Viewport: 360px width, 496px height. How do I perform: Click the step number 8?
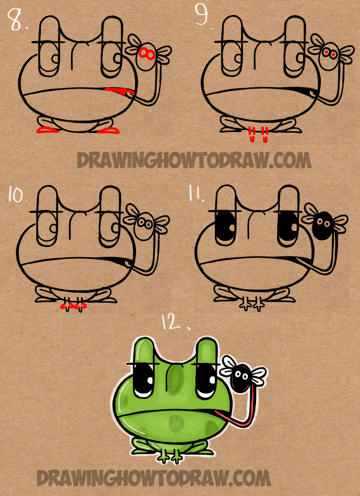coord(15,20)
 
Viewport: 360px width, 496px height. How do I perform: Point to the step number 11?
coord(196,193)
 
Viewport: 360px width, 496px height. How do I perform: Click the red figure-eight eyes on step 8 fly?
coord(147,53)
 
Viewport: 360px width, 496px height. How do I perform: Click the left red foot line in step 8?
coord(47,131)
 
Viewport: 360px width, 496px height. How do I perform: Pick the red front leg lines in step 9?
coord(258,134)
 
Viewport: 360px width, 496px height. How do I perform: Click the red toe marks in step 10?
coord(74,306)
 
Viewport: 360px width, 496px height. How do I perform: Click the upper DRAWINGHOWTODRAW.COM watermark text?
coord(194,161)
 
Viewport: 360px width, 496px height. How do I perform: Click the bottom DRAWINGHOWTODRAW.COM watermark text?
coord(154,478)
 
